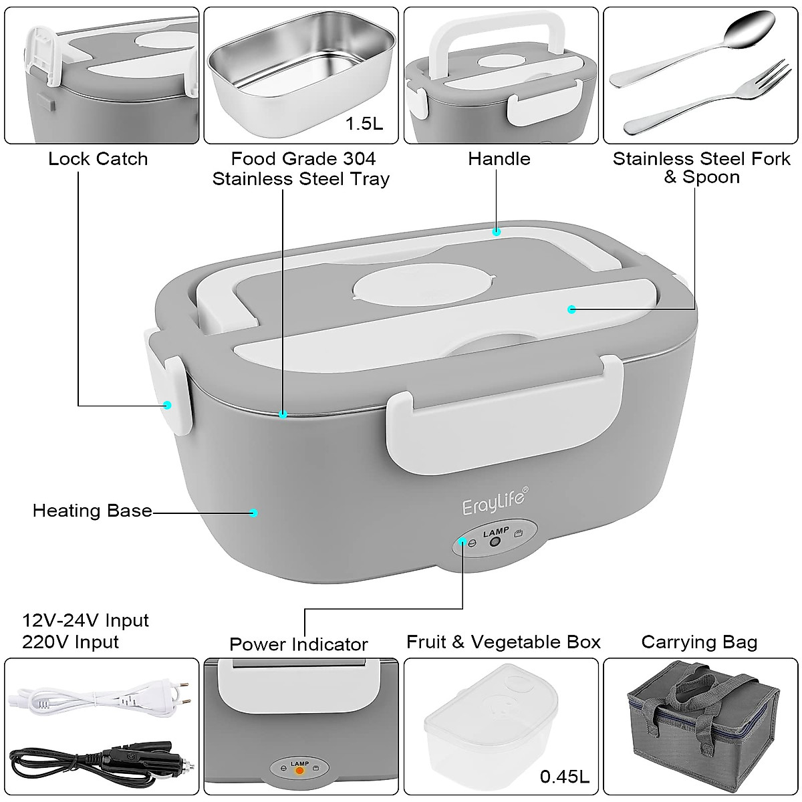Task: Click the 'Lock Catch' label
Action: pos(98,159)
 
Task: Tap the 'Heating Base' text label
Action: pos(92,511)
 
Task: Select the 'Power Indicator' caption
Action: pos(298,644)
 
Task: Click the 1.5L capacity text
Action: pos(364,124)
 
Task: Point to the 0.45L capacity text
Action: pos(565,777)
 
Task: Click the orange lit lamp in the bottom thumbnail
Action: pos(300,771)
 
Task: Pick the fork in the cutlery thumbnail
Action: pos(708,100)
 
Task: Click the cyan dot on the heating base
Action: pos(253,513)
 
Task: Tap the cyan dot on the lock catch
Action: pos(168,404)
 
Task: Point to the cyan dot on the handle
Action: pos(496,232)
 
